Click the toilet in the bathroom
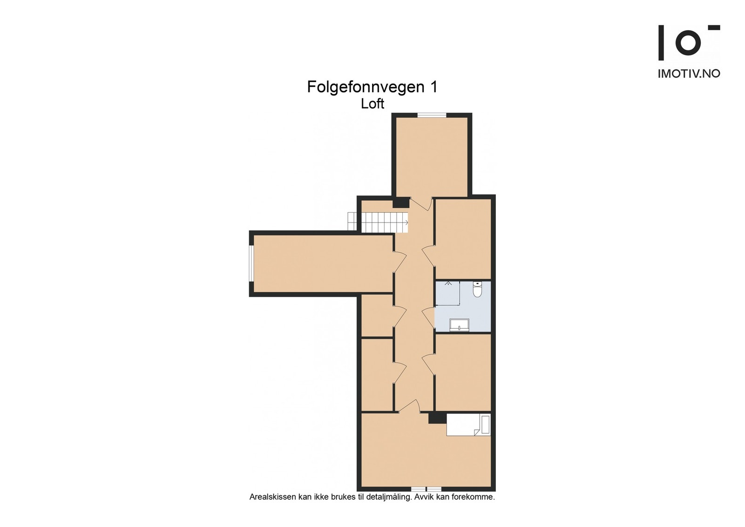(477, 290)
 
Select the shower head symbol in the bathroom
(449, 283)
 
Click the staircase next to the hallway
(378, 222)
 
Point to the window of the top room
(432, 115)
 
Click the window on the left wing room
(251, 263)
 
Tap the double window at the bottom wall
(426, 489)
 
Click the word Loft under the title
(372, 104)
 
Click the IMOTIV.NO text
(689, 74)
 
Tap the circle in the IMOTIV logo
(688, 42)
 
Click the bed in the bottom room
(468, 425)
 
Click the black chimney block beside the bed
(437, 418)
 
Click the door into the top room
(421, 203)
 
